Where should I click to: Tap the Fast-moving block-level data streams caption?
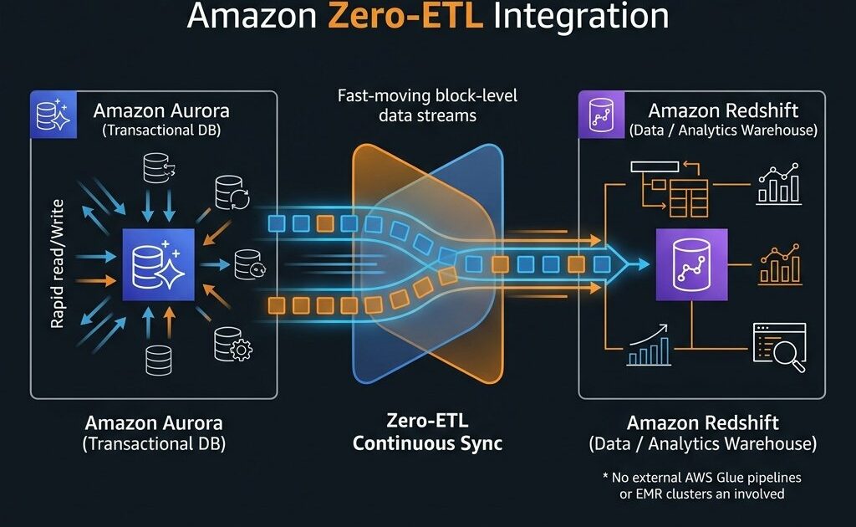[x=427, y=105]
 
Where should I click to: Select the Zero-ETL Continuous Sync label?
[x=427, y=432]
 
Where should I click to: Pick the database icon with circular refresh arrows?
[x=232, y=192]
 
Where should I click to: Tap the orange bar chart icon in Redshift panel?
[x=779, y=265]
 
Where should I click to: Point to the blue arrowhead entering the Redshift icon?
[x=638, y=264]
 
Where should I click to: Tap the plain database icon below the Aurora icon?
[x=158, y=360]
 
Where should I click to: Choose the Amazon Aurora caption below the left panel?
[x=154, y=432]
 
